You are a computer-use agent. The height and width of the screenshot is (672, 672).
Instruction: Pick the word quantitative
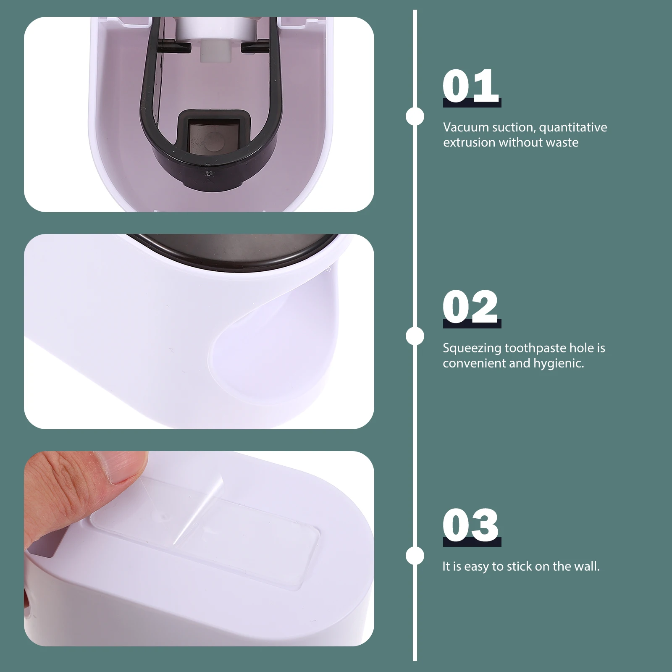(573, 128)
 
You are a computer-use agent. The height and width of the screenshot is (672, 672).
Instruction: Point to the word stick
(519, 566)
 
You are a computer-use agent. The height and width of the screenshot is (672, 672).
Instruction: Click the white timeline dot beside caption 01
(415, 116)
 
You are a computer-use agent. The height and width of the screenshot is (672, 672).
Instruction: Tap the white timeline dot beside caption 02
(415, 336)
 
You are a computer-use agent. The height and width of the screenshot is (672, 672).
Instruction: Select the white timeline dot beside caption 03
(415, 556)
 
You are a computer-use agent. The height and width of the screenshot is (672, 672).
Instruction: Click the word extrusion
(469, 142)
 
